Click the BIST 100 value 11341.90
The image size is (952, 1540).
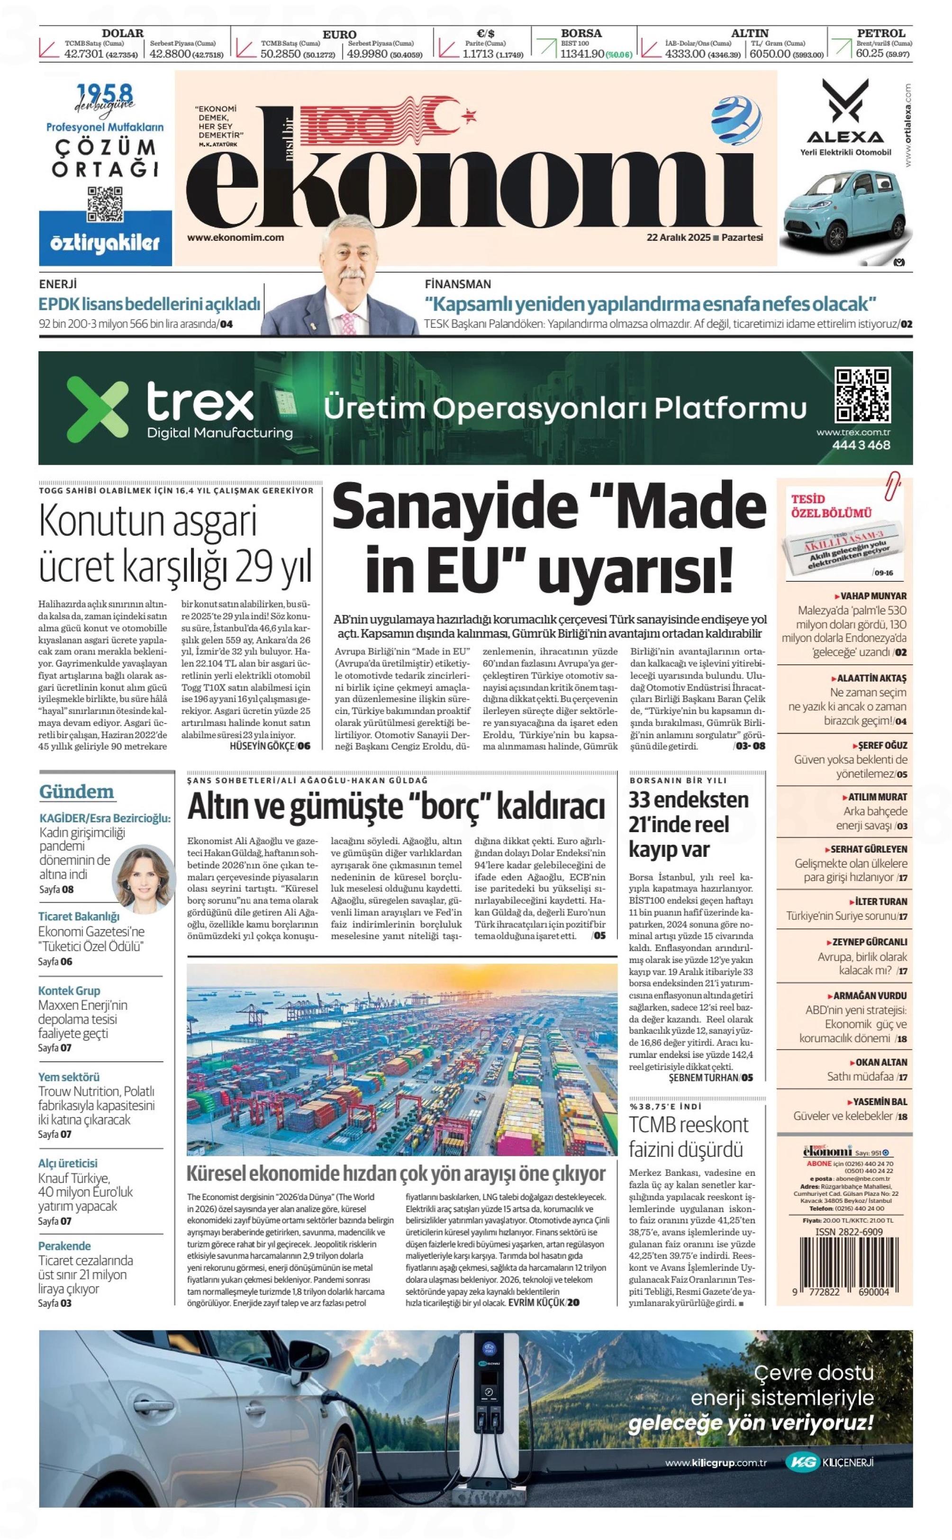pos(582,54)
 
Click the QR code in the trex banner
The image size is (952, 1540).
pos(862,395)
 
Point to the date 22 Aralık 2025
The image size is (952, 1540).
pos(678,238)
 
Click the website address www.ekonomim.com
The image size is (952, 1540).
pos(235,238)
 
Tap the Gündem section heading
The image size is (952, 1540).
pos(77,792)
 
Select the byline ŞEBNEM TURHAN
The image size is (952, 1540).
pos(703,1078)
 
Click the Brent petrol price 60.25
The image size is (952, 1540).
pos(869,54)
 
